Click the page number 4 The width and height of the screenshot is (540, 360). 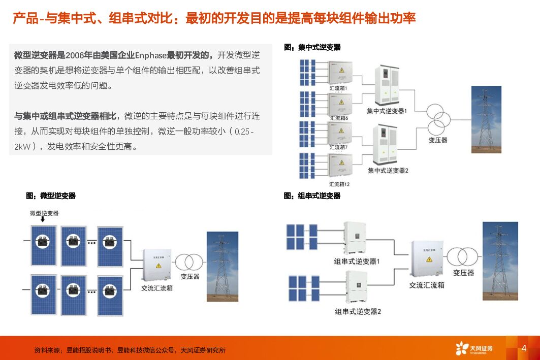(524, 348)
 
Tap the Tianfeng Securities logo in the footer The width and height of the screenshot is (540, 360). (474, 348)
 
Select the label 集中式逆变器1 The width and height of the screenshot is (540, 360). (387, 110)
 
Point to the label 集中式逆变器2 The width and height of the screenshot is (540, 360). (388, 170)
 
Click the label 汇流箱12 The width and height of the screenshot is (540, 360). (339, 184)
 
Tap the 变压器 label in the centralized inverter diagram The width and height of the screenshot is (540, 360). (438, 140)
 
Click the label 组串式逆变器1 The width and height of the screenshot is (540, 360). (357, 261)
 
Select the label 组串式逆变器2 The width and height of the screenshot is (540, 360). (358, 311)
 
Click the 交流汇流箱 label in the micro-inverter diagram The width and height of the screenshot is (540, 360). (157, 288)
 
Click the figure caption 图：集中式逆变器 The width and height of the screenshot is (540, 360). (312, 47)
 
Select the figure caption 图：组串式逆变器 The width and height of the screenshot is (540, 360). (312, 195)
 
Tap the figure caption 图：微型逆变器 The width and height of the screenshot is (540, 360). (51, 195)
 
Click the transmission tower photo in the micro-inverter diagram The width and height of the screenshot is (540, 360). (222, 267)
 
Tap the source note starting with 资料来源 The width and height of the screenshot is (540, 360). (130, 350)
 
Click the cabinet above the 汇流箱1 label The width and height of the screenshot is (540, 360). (339, 73)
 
